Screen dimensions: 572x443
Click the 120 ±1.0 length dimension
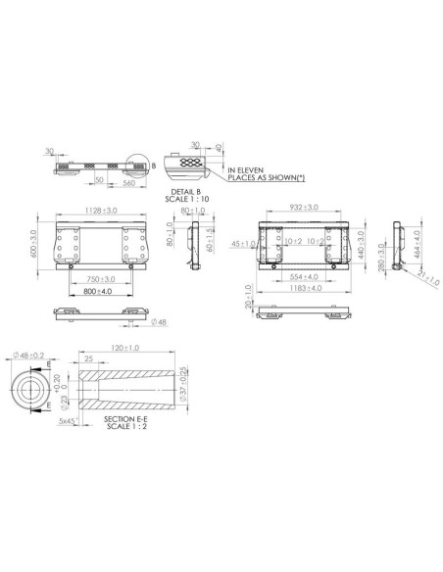coord(125,348)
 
